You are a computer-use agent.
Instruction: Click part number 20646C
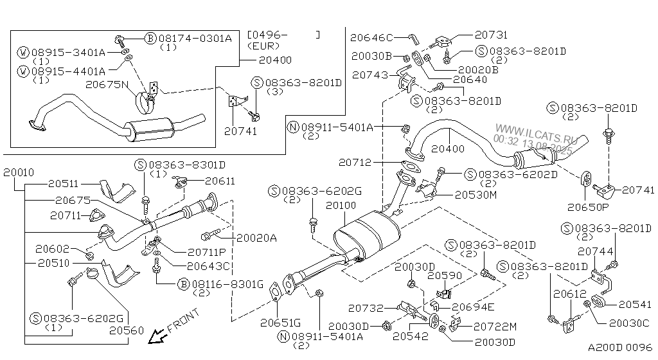tap(371, 38)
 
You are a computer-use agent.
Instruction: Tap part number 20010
tap(20, 173)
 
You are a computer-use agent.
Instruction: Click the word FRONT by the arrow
tap(183, 321)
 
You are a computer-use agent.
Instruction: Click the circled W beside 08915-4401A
tap(23, 71)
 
